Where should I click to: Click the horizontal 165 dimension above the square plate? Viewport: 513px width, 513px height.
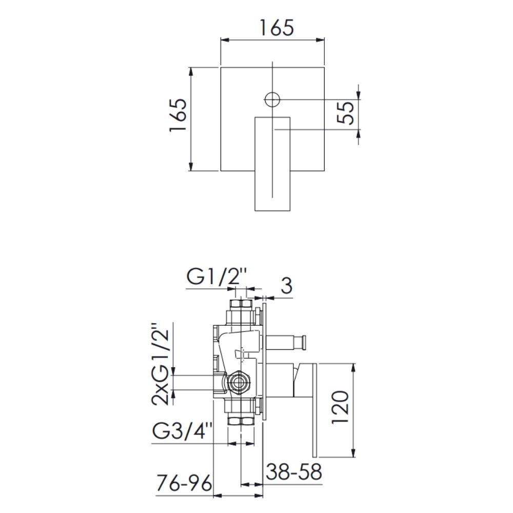click(277, 28)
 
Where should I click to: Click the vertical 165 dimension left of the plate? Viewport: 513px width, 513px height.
click(178, 115)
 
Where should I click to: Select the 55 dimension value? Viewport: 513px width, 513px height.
click(346, 113)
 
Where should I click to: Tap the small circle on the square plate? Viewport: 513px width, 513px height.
click(272, 99)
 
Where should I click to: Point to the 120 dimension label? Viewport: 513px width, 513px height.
click(340, 407)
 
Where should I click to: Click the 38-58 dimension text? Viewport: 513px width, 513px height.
click(293, 471)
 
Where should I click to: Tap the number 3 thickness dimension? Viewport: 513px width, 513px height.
click(286, 286)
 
